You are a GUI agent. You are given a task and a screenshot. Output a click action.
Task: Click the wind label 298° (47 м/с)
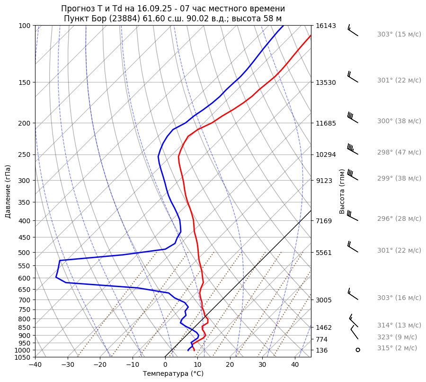coord(399,153)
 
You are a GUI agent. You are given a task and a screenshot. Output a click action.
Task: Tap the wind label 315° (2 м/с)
coord(397,348)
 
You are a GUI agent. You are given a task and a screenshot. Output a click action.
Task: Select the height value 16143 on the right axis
coord(326,26)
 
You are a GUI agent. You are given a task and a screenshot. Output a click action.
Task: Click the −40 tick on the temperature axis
coord(35,365)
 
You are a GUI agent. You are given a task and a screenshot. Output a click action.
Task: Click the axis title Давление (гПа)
coord(8,191)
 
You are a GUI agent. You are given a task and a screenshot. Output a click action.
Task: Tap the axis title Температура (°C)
coord(173,374)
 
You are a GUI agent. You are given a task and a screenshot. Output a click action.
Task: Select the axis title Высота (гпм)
coord(342,191)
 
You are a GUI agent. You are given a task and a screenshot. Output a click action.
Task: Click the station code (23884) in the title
coord(125,18)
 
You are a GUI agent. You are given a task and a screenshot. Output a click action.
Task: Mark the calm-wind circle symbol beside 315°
coord(358,350)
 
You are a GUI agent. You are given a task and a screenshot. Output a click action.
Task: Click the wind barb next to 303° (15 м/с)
coord(353,30)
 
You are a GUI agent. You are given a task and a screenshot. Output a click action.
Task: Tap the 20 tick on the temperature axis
coord(230,365)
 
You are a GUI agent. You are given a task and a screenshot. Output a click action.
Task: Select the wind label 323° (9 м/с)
coord(397,337)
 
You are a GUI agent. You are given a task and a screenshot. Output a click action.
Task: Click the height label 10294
coord(326,155)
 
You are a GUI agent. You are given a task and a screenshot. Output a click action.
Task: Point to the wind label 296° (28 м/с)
coord(399,218)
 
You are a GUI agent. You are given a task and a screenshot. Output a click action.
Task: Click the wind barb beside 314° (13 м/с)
coord(354,321)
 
